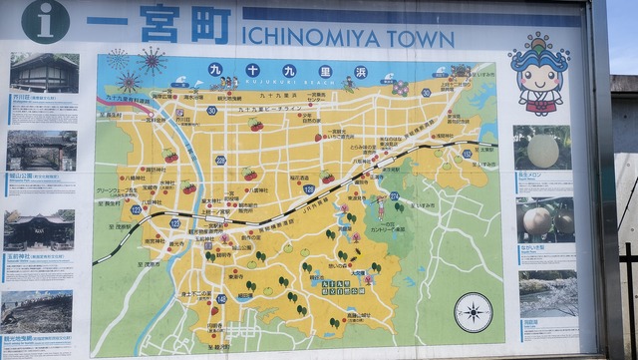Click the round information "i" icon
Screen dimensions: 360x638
click(x=46, y=20)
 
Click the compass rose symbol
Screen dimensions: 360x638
click(x=474, y=311)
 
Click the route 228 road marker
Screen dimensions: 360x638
click(x=220, y=160)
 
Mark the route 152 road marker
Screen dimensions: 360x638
click(x=467, y=154)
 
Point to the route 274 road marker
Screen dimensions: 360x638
click(x=394, y=196)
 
